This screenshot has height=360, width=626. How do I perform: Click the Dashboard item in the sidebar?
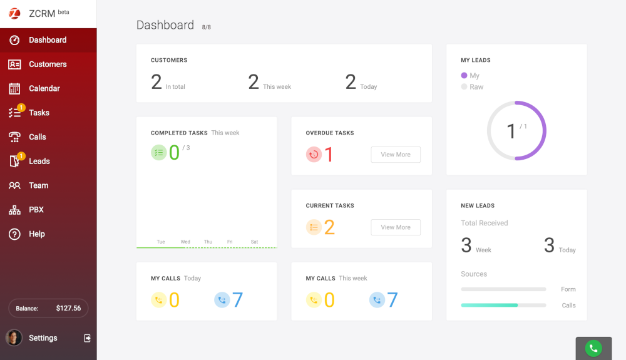[x=48, y=40]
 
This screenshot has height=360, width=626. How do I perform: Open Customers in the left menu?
[x=48, y=64]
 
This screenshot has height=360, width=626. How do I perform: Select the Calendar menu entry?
[x=44, y=88]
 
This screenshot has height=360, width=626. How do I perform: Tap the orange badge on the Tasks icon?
[x=21, y=108]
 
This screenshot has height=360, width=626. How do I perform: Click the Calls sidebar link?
[x=38, y=137]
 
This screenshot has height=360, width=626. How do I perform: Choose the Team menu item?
[x=38, y=185]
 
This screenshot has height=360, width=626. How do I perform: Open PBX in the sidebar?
[x=36, y=210]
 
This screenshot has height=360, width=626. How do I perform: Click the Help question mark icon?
[x=14, y=234]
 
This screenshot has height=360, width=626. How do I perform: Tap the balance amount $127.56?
[x=68, y=308]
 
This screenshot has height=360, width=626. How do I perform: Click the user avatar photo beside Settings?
[x=14, y=338]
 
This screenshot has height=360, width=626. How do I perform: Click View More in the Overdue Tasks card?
[x=396, y=155]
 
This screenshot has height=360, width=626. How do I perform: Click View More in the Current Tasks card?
[x=396, y=227]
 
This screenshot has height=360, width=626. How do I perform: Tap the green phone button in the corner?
[x=593, y=349]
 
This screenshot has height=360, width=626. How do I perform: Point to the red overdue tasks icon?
[x=314, y=154]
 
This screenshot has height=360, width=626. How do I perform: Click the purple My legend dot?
[x=464, y=76]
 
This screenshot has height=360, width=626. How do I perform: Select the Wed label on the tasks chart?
[x=185, y=242]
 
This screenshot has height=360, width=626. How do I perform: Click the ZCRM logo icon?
[x=14, y=14]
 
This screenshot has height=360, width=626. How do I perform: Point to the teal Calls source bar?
[x=489, y=305]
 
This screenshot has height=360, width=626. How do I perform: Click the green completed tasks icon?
[x=159, y=152]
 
